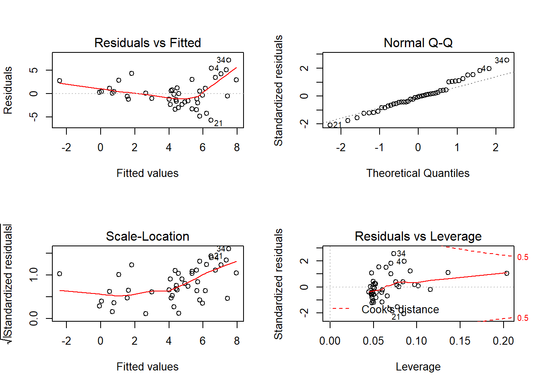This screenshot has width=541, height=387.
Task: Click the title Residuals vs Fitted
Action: [147, 43]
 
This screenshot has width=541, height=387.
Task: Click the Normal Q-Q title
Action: [418, 43]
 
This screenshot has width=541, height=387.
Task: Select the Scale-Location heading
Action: [147, 236]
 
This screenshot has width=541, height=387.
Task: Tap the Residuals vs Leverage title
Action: [418, 236]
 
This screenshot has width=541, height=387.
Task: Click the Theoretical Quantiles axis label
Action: [418, 173]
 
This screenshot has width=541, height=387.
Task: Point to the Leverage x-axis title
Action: [418, 366]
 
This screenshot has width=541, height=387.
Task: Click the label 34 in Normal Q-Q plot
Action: [499, 60]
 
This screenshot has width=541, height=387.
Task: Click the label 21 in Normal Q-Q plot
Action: [337, 125]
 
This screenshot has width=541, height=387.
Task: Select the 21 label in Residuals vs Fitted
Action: [218, 123]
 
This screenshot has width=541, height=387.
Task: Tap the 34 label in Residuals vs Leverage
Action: [401, 254]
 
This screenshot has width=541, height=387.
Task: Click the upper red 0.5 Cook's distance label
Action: [522, 257]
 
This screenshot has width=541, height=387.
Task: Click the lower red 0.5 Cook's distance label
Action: [522, 318]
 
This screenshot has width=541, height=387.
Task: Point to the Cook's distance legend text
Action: [400, 310]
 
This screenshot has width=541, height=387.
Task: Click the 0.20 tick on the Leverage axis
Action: [503, 341]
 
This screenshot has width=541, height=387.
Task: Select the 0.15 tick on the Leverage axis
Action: [460, 341]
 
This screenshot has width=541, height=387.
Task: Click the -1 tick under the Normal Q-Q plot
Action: [379, 148]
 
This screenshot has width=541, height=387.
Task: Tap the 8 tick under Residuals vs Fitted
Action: [237, 148]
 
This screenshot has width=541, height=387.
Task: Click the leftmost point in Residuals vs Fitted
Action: [60, 81]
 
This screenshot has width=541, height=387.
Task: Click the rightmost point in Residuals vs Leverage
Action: [507, 273]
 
